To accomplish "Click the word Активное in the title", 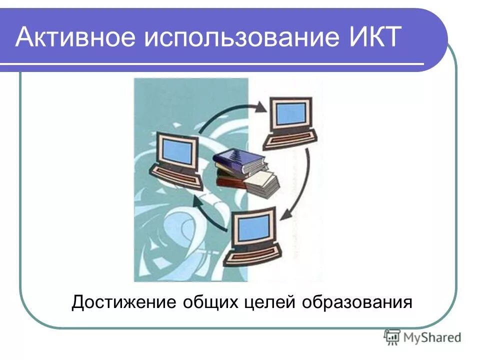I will (74, 38).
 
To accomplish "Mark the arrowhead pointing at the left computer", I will (197, 201).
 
